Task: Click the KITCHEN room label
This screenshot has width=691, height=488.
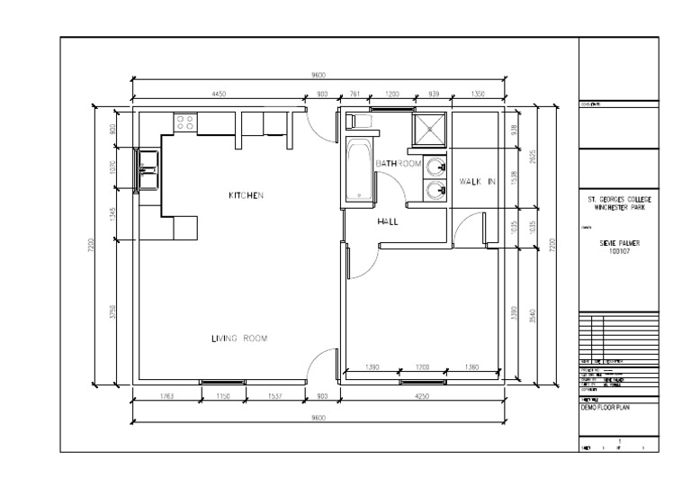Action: pos(245,195)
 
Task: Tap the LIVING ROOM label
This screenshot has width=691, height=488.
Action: pos(239,339)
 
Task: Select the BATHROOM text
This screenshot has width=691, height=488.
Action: pos(399,164)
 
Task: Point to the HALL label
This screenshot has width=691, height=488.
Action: pos(388,221)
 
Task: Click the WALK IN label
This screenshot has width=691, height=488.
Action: pos(478,181)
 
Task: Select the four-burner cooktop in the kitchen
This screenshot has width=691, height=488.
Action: pos(186,122)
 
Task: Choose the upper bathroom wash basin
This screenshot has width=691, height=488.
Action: pos(436,166)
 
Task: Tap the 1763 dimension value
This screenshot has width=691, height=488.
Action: pos(165,396)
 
